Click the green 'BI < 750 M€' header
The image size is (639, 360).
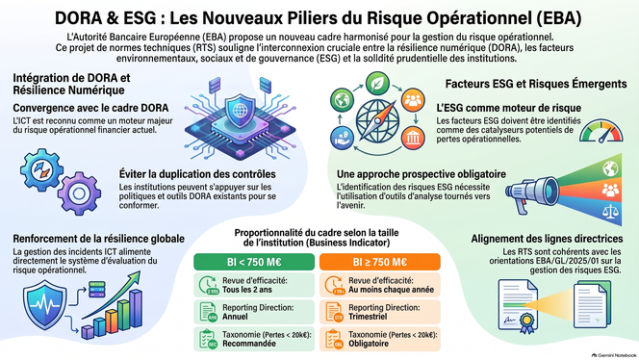[254, 262]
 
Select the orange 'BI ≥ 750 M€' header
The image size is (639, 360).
[380, 262]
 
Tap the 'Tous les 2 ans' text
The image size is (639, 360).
[247, 290]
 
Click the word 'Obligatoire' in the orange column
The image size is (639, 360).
[369, 344]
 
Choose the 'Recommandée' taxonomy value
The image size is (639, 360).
[249, 344]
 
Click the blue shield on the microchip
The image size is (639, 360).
[240, 111]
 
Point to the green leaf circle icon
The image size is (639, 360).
[377, 84]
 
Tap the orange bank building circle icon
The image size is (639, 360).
[413, 138]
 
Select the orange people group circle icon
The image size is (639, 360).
[413, 100]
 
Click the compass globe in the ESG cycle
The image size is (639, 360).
[377, 121]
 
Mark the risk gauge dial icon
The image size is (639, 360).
[601, 131]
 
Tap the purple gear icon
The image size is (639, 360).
[79, 193]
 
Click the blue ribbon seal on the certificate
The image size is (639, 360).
[526, 322]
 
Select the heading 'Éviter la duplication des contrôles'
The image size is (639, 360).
[197, 174]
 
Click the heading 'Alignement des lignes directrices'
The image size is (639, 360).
[547, 239]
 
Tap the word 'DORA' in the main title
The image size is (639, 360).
[77, 18]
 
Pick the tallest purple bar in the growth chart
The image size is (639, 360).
[136, 309]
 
